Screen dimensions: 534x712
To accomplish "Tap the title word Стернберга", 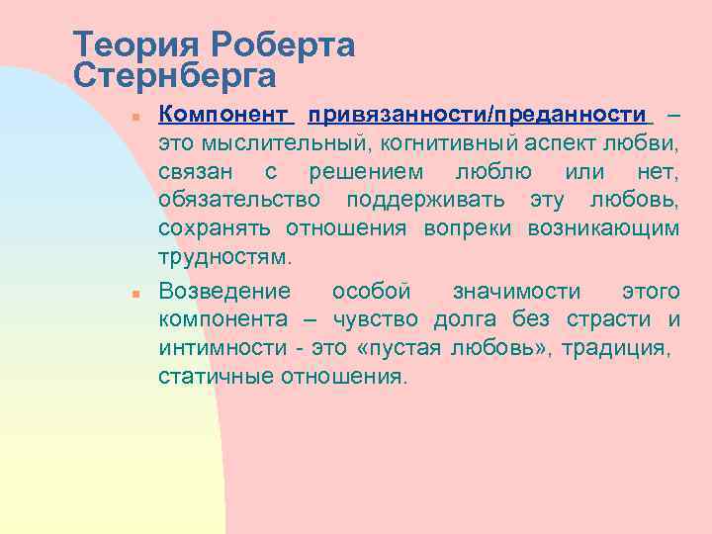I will click(174, 75).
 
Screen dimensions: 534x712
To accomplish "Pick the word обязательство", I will click(239, 202).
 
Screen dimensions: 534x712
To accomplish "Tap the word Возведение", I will click(224, 291).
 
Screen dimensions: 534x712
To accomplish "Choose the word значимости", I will click(516, 291).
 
